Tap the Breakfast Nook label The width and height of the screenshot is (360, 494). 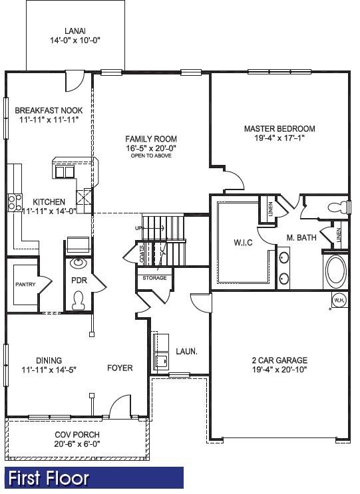tap(49, 110)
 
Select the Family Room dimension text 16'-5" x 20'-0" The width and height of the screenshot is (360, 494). tap(151, 148)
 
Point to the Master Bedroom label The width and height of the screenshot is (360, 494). tap(279, 129)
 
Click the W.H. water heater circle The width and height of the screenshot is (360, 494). tap(338, 300)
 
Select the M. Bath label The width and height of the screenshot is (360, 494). tap(301, 237)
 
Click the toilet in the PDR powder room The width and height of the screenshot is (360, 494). tap(79, 301)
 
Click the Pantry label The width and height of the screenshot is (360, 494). tap(25, 285)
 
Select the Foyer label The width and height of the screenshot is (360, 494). tap(120, 368)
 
